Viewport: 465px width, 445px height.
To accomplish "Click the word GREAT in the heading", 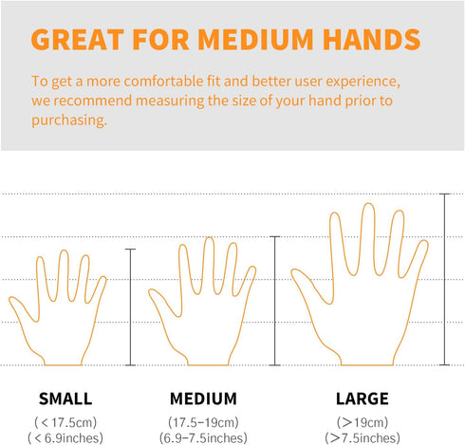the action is click(78, 40).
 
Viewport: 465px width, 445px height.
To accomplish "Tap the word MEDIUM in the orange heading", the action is click(255, 40).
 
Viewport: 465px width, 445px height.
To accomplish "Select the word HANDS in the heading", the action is click(372, 40).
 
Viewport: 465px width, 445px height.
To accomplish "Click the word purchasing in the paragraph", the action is click(69, 121).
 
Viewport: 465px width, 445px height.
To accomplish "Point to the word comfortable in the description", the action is click(163, 82).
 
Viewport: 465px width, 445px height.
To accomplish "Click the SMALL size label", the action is click(65, 399).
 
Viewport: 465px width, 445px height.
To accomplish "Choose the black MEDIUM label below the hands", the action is click(203, 399).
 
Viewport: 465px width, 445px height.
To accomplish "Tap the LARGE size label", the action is click(363, 399).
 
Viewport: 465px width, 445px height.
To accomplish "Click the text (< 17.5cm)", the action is click(65, 422).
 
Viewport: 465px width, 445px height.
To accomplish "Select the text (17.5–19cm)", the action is click(203, 422).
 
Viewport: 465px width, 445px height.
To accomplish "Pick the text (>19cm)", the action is click(363, 422).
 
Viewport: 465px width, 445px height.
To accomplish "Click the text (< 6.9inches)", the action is click(65, 438).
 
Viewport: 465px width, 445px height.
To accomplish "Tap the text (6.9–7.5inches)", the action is click(203, 438).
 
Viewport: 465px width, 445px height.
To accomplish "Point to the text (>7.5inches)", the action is click(363, 438).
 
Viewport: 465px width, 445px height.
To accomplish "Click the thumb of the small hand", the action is click(22, 308).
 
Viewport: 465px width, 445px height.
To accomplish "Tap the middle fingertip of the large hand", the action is click(368, 204).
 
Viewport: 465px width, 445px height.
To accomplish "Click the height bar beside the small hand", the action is click(130, 307).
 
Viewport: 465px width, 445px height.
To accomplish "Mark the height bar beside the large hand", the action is click(444, 279).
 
